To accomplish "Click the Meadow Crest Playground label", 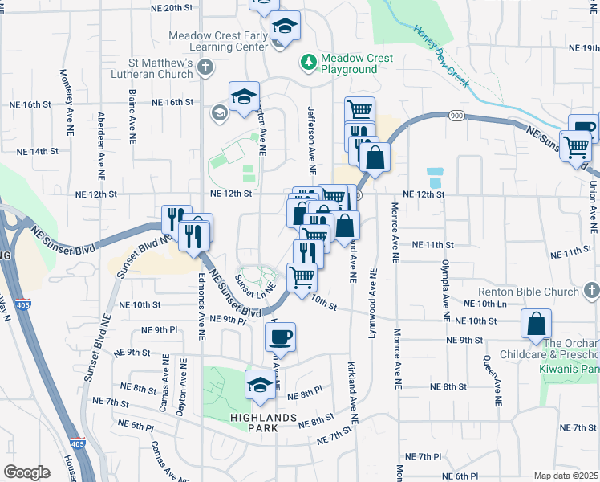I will [x=356, y=63].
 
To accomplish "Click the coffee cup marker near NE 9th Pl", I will [x=280, y=337].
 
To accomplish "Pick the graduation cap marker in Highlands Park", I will [x=260, y=386].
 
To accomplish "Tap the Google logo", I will [x=26, y=472].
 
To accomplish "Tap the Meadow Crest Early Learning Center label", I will [x=217, y=42].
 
